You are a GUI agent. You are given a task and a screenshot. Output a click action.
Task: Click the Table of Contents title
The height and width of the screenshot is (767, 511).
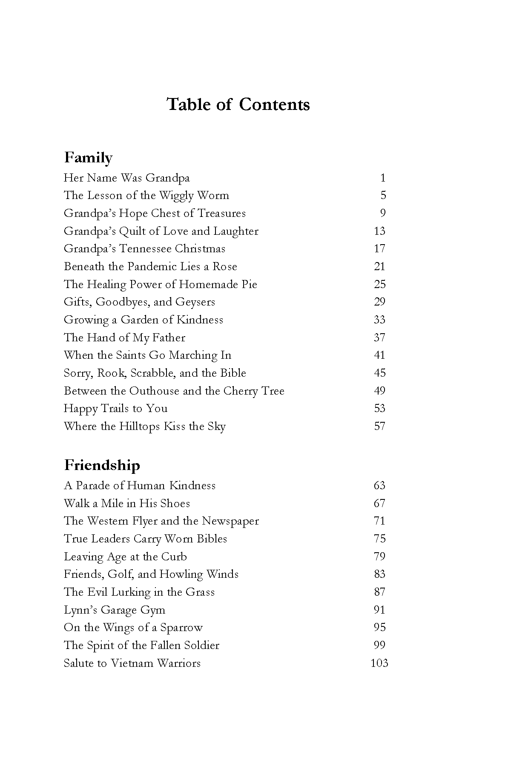click(238, 105)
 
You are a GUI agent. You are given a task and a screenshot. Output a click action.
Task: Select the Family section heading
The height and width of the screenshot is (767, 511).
click(88, 158)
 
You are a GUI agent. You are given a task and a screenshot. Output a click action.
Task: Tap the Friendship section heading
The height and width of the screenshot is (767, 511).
click(102, 465)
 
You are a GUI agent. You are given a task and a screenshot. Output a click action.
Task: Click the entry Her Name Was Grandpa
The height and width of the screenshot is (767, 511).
click(126, 178)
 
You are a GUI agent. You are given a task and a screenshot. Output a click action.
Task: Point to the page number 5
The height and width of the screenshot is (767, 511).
click(383, 196)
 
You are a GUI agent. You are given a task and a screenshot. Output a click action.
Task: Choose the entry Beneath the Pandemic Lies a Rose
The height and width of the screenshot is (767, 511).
click(150, 267)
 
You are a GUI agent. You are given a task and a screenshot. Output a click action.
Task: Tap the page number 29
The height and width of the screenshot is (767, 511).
click(379, 302)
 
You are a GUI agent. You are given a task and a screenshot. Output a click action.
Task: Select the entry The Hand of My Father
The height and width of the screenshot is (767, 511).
click(124, 338)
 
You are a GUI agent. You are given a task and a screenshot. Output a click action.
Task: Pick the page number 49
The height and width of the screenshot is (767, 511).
click(379, 391)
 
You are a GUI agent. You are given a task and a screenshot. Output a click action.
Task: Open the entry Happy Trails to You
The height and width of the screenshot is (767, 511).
click(115, 409)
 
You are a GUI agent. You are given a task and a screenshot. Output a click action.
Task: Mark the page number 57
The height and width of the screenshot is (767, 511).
click(379, 427)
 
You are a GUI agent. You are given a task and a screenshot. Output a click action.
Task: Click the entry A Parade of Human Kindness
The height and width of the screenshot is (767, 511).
click(140, 486)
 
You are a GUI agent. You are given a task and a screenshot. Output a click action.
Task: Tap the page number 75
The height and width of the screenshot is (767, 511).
click(379, 539)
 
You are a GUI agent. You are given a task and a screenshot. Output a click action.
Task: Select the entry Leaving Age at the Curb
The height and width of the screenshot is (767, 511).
click(125, 557)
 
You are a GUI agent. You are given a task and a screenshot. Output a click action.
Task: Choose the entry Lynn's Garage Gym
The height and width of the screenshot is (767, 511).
click(114, 610)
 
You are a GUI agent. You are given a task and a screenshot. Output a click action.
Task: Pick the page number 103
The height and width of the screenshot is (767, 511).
click(379, 663)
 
